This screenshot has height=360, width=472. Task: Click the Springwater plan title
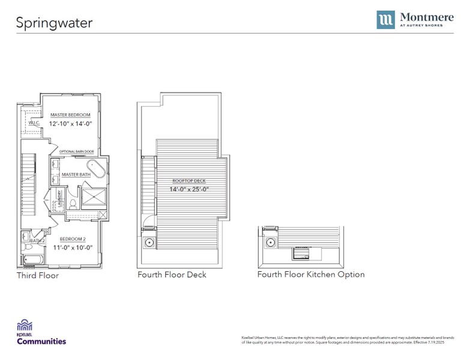54,22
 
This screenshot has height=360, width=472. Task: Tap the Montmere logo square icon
385,20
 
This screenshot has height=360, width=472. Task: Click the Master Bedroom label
70,115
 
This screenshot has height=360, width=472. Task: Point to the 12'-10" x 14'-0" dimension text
70,124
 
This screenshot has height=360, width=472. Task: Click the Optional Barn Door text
76,151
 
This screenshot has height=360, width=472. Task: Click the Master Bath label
76,175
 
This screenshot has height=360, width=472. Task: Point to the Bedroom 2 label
73,239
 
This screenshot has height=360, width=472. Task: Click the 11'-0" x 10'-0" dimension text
73,247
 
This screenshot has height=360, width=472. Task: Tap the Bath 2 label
37,241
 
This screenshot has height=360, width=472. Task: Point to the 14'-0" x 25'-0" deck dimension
187,189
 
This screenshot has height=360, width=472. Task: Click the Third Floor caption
37,275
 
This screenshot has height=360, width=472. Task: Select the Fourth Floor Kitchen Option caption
310,274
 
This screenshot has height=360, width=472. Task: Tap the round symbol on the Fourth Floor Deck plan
149,243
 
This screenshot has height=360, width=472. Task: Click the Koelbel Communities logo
41,334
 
